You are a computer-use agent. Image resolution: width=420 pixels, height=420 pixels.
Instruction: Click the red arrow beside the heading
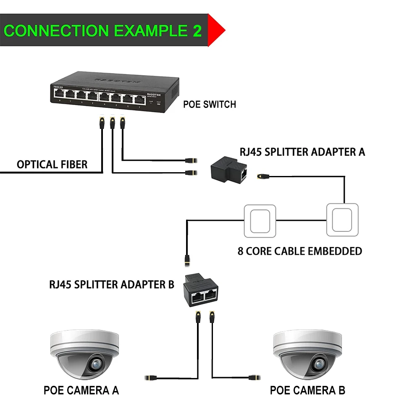tap(216, 30)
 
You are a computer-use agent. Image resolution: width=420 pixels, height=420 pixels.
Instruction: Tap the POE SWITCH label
tap(210, 104)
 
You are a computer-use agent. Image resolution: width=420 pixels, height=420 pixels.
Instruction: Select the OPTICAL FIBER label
tap(52, 164)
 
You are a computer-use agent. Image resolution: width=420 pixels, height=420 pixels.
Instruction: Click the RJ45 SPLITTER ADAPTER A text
tap(302, 152)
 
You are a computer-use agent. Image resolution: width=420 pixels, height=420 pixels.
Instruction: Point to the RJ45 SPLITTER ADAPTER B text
tap(112, 284)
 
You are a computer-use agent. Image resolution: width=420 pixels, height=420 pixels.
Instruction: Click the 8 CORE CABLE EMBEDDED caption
tap(299, 251)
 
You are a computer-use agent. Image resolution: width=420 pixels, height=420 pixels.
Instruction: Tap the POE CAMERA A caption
tap(81, 390)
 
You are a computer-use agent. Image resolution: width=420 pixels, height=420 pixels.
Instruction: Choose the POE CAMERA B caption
tap(307, 390)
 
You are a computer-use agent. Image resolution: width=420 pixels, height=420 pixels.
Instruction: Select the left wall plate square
tap(260, 220)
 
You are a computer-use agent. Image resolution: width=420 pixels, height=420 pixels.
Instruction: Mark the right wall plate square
tap(343, 220)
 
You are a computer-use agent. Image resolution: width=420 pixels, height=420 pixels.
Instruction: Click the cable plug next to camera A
tap(151, 378)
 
